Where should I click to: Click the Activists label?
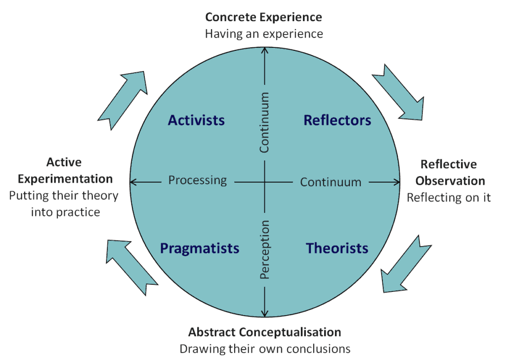point(196,120)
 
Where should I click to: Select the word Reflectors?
point(337,120)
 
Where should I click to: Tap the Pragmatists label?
point(200,248)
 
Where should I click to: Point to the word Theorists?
point(337,248)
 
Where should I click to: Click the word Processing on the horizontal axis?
point(197,180)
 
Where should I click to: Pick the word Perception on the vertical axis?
point(265,250)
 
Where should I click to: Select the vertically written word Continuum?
point(265,122)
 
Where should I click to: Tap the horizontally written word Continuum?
point(331,182)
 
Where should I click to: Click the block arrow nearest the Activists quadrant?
point(124,99)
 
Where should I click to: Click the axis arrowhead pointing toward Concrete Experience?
point(265,50)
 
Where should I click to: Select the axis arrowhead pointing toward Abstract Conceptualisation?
point(265,313)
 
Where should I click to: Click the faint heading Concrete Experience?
point(263,18)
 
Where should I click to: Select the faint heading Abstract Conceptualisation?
point(265,332)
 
